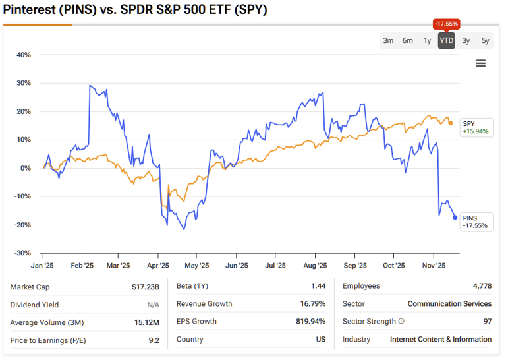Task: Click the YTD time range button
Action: tap(446, 41)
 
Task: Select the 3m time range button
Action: tap(388, 41)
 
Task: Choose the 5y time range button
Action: tap(485, 41)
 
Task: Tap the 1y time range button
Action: tap(427, 41)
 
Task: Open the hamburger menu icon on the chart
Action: tap(480, 63)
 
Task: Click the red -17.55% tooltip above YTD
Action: tap(446, 24)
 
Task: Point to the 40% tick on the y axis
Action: tap(23, 55)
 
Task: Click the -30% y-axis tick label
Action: tap(23, 253)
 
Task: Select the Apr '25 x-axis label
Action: tap(157, 266)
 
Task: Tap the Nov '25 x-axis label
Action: tap(433, 266)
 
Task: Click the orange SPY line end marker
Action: tap(450, 123)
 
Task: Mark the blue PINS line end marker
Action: tap(455, 218)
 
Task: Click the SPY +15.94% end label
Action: tap(475, 127)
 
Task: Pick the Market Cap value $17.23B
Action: tap(145, 287)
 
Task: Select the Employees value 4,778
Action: tap(479, 286)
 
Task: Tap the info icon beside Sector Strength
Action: tap(401, 322)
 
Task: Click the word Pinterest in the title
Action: tap(30, 11)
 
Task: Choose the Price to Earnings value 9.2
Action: tap(154, 340)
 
